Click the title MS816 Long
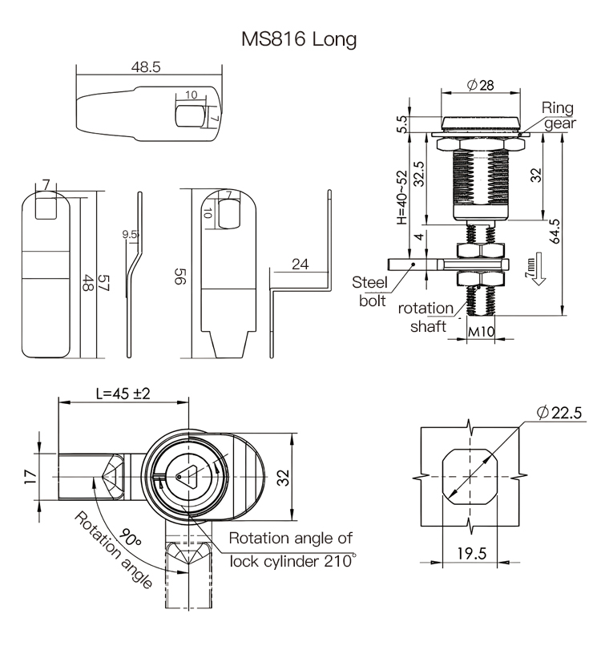299,39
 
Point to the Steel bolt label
369,290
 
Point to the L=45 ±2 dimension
123,394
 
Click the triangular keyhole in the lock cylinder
190,476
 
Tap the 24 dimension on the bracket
300,264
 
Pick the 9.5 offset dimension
131,234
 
